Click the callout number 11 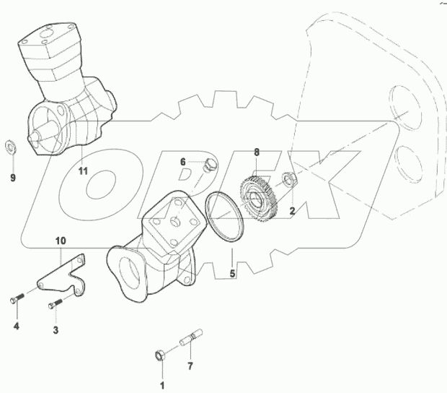pos(83,171)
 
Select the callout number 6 pos(183,161)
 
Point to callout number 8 pos(256,152)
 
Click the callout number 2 pos(292,211)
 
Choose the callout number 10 pos(61,239)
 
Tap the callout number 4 pos(16,327)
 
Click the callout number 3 pos(54,329)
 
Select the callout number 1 pos(162,384)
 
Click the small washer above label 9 pos(11,144)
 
